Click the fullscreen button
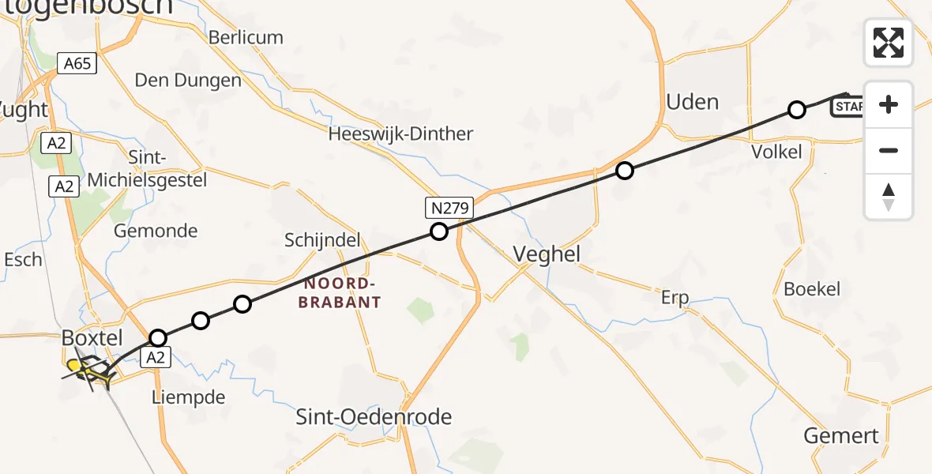889,43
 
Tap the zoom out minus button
889,150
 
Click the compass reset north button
889,197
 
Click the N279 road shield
449,209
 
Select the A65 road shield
77,63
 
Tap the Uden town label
692,102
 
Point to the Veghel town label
547,254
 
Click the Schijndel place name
322,240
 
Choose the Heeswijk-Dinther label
400,134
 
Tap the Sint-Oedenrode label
374,416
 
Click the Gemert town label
840,435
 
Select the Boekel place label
812,289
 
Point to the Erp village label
675,298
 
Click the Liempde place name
189,397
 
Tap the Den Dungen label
188,80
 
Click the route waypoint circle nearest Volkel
797,110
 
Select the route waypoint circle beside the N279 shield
438,231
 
